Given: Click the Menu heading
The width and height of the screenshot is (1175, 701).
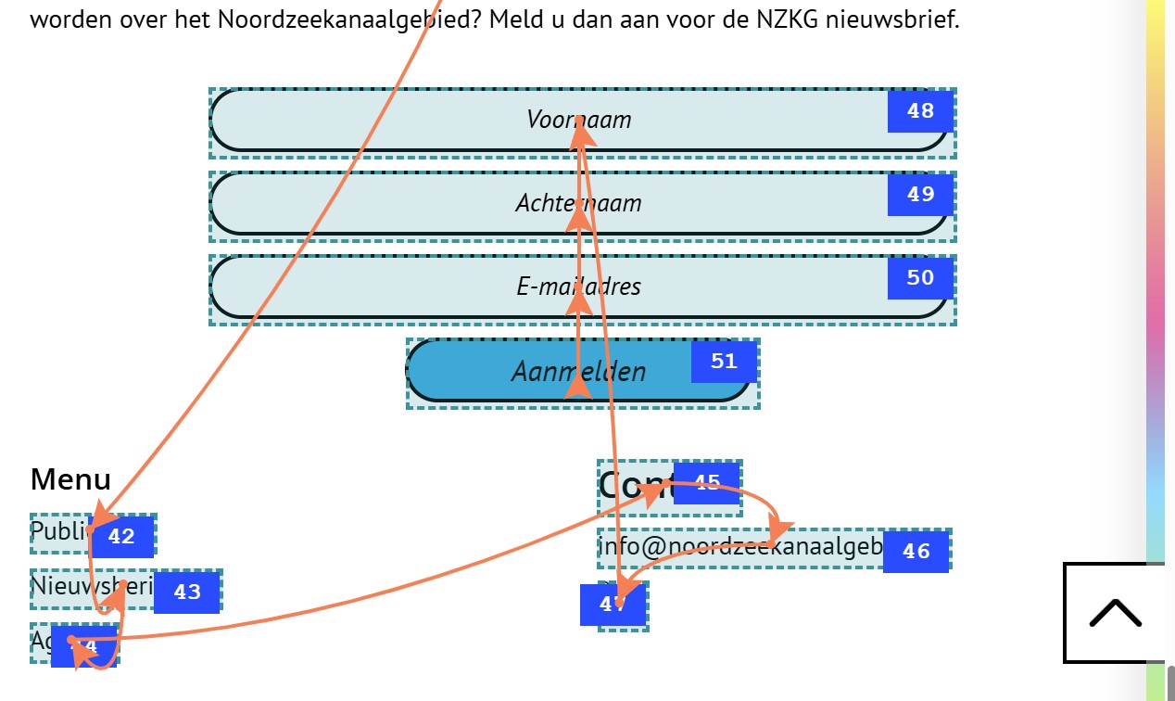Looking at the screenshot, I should (x=70, y=479).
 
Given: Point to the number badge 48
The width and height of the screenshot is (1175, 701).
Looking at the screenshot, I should (x=920, y=111).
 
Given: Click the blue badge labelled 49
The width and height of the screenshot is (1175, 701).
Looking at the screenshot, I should (x=920, y=195).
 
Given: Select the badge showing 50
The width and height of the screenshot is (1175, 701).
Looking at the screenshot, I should (x=920, y=278).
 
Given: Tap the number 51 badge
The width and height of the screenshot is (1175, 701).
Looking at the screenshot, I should (x=724, y=362).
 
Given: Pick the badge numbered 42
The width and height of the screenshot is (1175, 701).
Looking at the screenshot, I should (x=121, y=537).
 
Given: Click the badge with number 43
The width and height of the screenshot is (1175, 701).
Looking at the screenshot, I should (x=187, y=593).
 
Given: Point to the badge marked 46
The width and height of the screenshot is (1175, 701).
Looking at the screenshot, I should (x=916, y=552).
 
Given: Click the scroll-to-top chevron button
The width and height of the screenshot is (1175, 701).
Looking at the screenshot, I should (x=1115, y=613).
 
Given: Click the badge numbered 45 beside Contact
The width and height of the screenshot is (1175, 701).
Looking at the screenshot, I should (x=707, y=482).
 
